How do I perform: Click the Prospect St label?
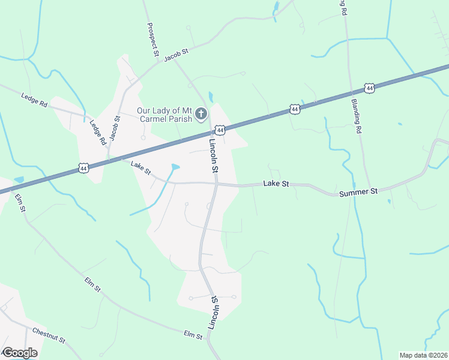point(152,40)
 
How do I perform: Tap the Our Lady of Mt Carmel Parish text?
point(164,114)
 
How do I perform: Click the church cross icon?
point(202,113)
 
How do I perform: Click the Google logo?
point(20,353)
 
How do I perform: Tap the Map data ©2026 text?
point(423,355)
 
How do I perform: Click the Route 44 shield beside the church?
point(220,130)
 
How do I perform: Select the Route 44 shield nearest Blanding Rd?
point(370,88)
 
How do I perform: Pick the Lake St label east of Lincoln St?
point(276,185)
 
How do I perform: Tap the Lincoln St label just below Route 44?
point(212,156)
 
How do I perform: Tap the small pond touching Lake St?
point(175,167)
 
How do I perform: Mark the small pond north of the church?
point(210,97)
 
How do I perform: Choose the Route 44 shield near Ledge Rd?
point(83,170)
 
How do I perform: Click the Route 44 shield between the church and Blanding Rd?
point(294,109)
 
